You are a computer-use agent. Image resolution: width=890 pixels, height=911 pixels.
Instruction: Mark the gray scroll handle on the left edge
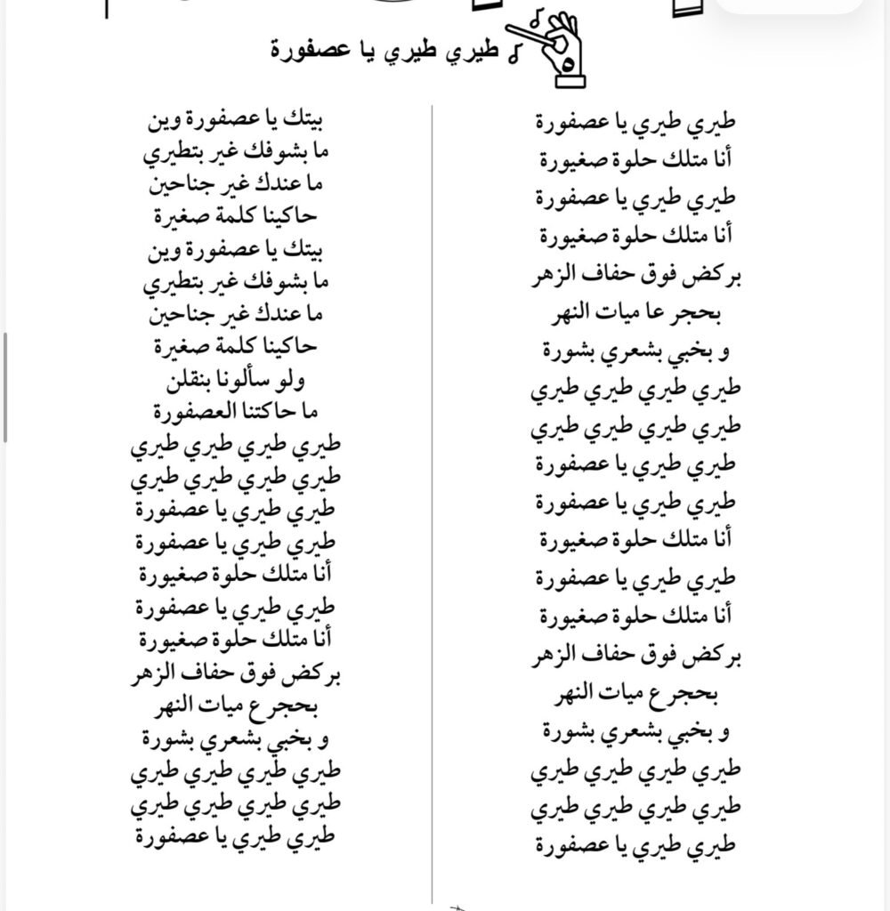tap(5, 387)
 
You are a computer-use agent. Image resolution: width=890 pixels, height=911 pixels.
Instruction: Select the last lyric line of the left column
tap(236, 835)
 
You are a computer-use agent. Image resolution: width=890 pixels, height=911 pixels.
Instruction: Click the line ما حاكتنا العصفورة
tap(235, 412)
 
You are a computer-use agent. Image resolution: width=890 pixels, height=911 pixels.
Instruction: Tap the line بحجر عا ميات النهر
tap(637, 314)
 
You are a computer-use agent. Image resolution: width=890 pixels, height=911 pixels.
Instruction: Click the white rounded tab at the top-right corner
tap(789, 7)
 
